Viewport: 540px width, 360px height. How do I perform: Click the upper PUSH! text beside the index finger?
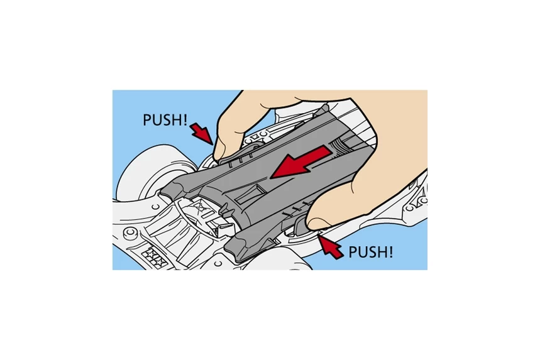[165, 120]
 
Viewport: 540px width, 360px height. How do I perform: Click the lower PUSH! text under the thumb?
[370, 253]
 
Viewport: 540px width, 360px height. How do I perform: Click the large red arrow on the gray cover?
[301, 162]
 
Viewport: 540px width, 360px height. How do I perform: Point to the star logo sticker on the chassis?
[155, 258]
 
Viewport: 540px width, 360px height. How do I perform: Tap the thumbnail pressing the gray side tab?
[319, 224]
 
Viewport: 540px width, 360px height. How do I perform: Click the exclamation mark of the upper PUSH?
[185, 120]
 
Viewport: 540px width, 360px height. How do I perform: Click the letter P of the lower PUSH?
[352, 253]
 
